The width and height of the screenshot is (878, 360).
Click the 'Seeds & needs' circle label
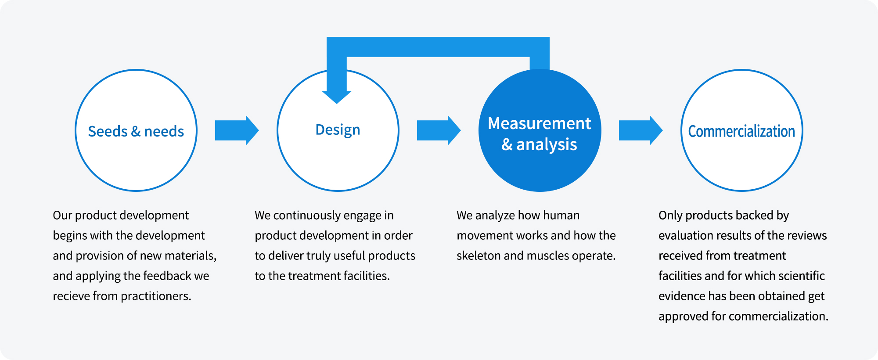tap(136, 131)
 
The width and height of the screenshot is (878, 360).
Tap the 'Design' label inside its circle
tap(338, 130)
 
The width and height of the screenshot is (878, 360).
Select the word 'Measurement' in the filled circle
tap(540, 123)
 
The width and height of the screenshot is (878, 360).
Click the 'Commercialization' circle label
tap(741, 131)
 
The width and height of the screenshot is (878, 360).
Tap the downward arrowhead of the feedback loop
tap(337, 97)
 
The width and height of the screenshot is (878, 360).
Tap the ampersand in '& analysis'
tap(507, 144)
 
